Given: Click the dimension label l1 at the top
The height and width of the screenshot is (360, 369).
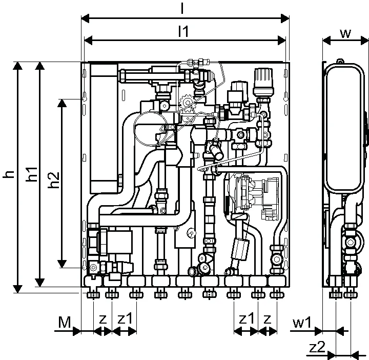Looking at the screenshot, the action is coord(183,31).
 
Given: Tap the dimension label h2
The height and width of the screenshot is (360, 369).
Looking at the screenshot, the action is coord(54,180).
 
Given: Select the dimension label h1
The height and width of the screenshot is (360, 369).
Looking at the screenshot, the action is coord(32,174).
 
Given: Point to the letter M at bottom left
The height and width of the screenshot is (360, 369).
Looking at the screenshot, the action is coord(65,323).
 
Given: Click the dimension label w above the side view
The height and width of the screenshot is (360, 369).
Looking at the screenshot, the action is coord(345,33).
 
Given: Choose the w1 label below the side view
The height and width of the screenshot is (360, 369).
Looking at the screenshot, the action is coord(302,323).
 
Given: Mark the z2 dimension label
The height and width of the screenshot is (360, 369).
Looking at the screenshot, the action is coord(317,347).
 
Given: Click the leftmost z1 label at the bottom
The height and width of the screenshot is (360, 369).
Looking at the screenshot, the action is coord(125,318).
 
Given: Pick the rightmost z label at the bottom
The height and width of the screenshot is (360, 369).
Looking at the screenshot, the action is coord(267,319).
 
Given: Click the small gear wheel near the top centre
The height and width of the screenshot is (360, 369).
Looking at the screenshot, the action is coord(188,103).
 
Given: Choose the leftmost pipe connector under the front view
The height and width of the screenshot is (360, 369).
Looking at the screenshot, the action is coord(93,295).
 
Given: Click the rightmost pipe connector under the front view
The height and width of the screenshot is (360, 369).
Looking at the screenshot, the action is coord(277,295).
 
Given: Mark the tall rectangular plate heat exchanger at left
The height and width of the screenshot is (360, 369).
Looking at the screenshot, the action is coord(104,128).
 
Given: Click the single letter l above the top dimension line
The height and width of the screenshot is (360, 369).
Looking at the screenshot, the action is coord(182,9).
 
